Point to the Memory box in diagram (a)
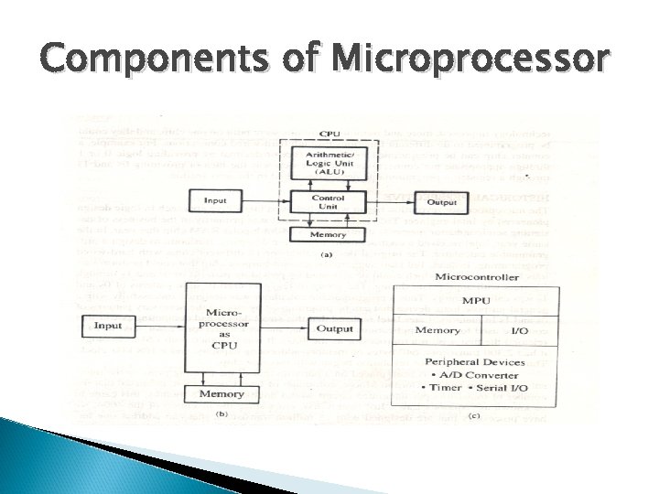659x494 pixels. [x=329, y=233]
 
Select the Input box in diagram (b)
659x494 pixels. [x=108, y=325]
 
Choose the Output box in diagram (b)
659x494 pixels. [x=334, y=328]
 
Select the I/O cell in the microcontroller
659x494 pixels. [x=518, y=329]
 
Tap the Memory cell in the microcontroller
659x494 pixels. [x=438, y=329]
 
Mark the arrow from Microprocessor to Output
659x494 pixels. [x=285, y=328]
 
